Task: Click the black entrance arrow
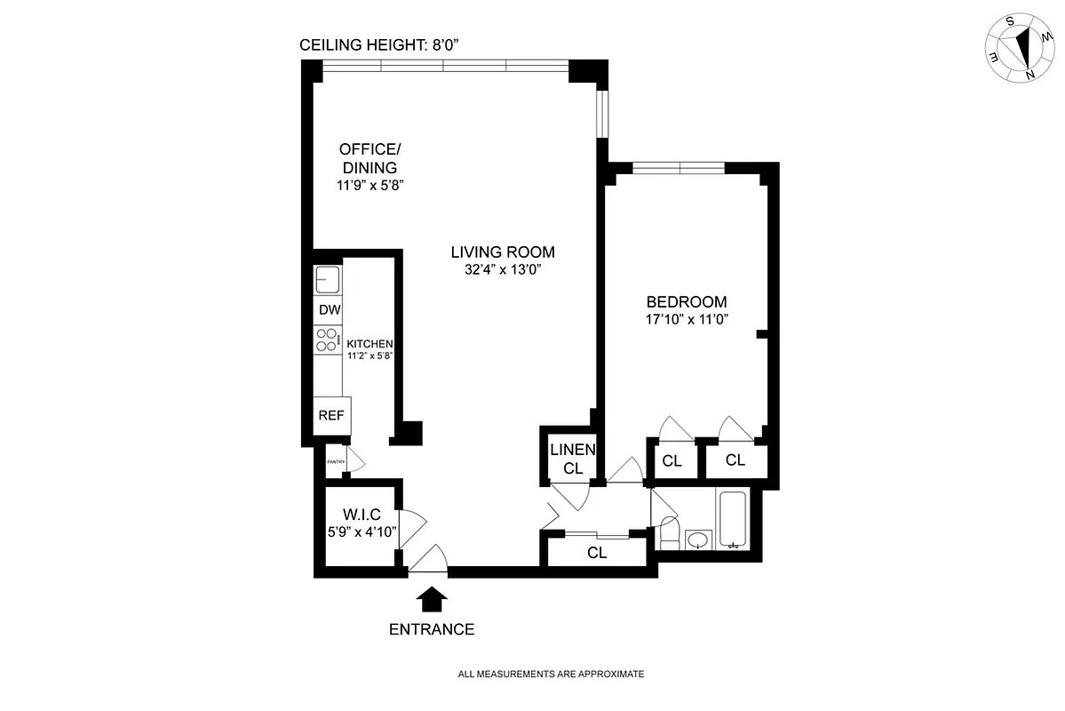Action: [x=432, y=599]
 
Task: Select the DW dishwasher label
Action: [x=329, y=310]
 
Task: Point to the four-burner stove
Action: [x=328, y=340]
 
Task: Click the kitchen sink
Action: [x=328, y=281]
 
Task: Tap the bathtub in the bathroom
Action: [x=734, y=520]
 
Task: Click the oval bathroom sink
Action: [x=699, y=539]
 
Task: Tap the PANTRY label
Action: [x=336, y=461]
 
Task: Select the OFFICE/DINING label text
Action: [x=369, y=157]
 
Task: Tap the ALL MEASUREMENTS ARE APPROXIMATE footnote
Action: [x=551, y=675]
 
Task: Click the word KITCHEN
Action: [x=370, y=344]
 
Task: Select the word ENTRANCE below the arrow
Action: [x=432, y=630]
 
